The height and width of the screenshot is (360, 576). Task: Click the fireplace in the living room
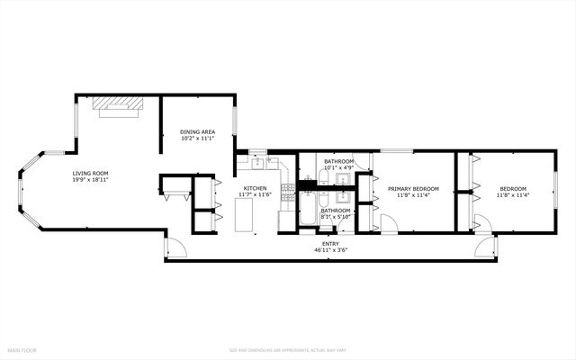click(x=119, y=106)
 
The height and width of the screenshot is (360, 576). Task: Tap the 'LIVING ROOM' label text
click(x=91, y=173)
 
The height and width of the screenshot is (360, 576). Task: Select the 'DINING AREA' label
click(x=197, y=131)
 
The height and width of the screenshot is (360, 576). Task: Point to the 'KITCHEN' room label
click(x=253, y=188)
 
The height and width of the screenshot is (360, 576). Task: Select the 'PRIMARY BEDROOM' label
click(x=407, y=188)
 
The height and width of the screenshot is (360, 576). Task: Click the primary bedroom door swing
click(x=384, y=224)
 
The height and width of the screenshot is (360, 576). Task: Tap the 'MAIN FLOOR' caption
click(x=23, y=349)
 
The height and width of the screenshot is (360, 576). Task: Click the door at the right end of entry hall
click(x=483, y=246)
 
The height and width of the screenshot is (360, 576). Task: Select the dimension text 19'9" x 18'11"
click(x=91, y=179)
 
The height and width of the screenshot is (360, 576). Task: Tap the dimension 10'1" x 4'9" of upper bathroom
click(x=339, y=166)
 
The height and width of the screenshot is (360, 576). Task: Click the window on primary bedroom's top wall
click(x=391, y=150)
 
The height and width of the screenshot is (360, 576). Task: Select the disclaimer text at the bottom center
click(x=287, y=349)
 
